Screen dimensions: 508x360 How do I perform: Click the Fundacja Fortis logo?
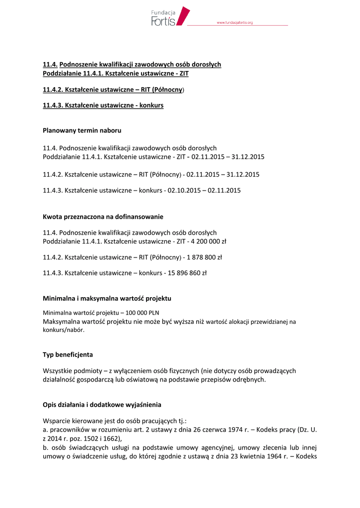pos(170,16)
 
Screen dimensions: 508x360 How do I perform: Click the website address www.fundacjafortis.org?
pos(235,23)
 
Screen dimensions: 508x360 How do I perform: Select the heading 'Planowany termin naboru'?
pos(82,130)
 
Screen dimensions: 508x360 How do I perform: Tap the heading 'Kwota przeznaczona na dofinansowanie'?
pos(103,217)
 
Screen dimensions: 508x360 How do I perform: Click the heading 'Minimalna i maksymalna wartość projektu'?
pos(107,299)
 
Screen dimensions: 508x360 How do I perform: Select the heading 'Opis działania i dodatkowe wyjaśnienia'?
pos(102,405)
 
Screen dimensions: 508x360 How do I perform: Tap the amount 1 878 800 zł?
pos(203,257)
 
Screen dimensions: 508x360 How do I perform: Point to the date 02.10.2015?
pos(184,190)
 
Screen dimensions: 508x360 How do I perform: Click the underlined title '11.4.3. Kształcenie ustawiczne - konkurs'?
pos(103,106)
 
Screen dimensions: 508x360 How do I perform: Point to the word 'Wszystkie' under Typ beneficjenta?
pos(59,371)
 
